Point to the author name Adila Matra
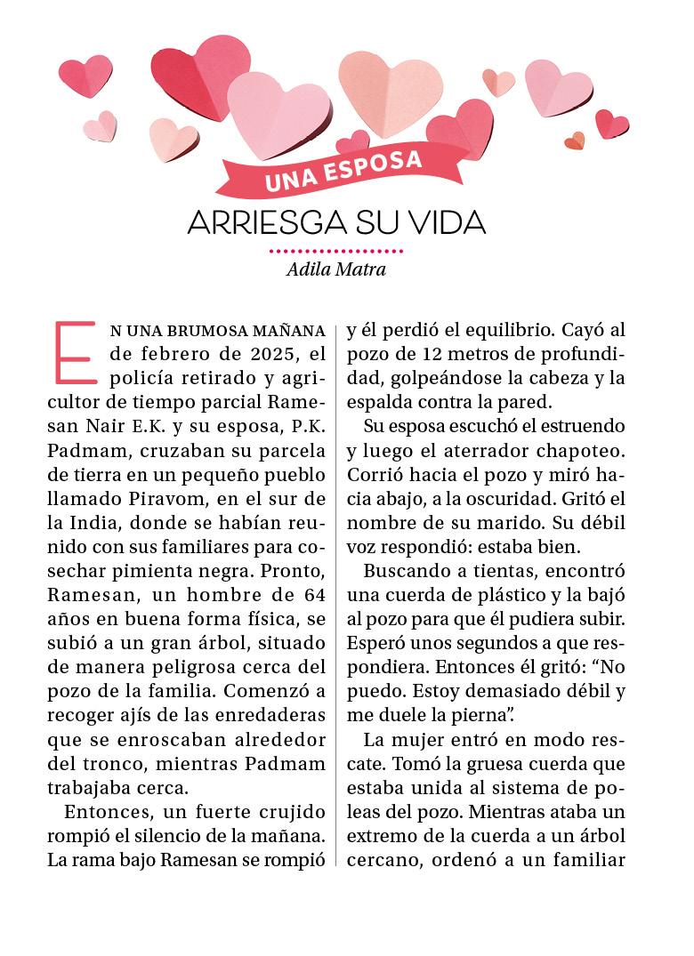(336, 269)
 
